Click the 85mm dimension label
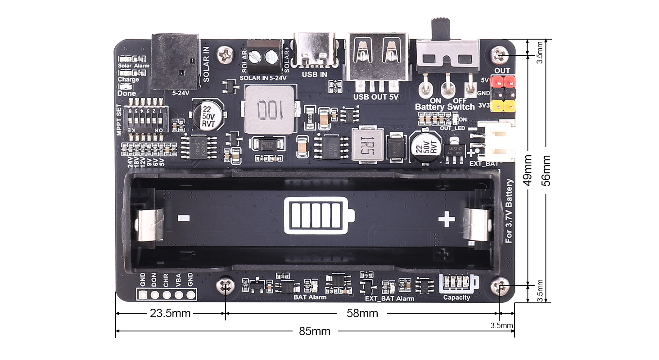coord(315,332)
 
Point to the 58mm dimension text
coord(362,314)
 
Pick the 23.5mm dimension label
coord(170,314)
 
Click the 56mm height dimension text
coord(546,171)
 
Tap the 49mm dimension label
coord(528,171)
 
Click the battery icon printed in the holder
coord(319,216)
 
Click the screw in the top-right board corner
coord(500,55)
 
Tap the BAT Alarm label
coord(310,297)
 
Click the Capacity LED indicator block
coord(457,283)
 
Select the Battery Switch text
coord(444,107)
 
